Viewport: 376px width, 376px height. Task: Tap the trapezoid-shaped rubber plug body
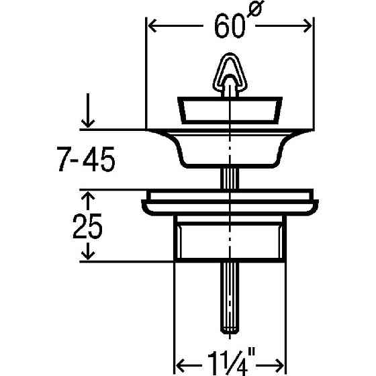click(x=228, y=109)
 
